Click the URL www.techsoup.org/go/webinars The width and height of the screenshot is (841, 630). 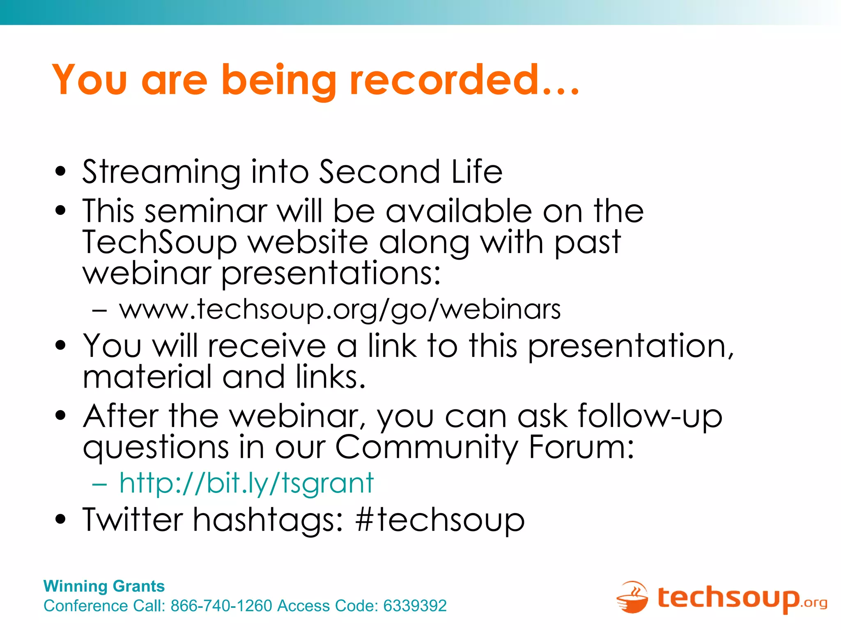[x=340, y=310]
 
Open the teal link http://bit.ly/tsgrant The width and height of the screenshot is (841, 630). [x=246, y=483]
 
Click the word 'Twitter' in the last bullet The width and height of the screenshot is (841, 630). [x=133, y=519]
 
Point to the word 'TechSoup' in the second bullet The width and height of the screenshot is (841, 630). [x=160, y=243]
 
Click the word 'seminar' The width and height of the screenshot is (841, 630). [x=206, y=211]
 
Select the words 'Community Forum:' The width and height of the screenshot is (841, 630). [x=485, y=447]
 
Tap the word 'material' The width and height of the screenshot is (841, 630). [x=147, y=377]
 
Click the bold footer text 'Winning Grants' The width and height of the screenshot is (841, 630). [x=104, y=586]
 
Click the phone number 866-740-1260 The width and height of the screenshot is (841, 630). [x=221, y=606]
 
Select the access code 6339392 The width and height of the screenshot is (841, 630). [x=415, y=606]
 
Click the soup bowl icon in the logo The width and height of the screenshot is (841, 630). [x=632, y=598]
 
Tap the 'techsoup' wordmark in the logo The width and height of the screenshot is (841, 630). [x=728, y=598]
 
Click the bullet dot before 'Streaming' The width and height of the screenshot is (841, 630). [x=60, y=172]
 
